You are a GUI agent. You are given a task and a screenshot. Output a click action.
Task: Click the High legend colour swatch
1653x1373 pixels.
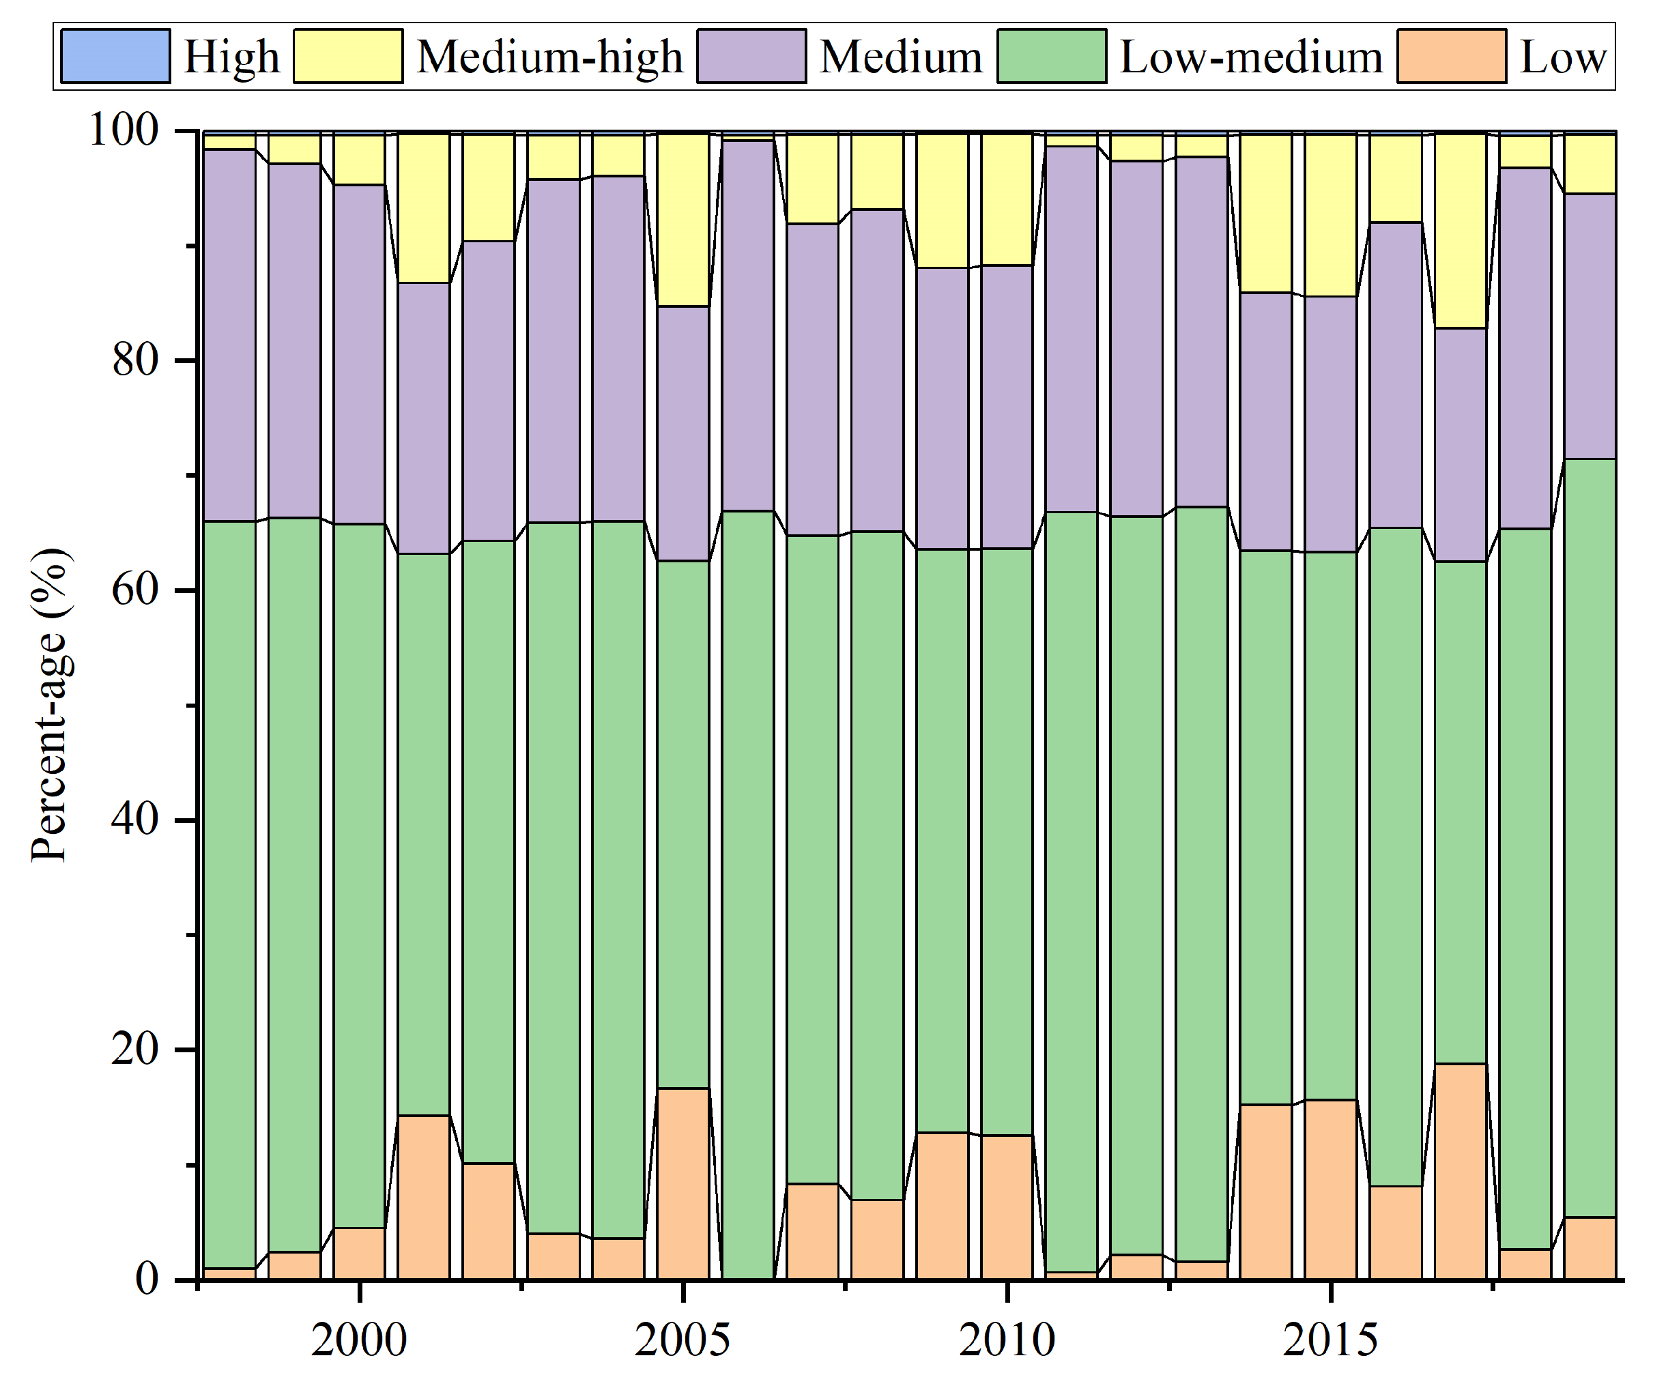115,56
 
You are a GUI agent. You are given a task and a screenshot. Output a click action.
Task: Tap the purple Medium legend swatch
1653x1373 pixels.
751,56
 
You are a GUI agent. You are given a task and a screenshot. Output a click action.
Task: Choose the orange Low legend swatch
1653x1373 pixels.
1452,56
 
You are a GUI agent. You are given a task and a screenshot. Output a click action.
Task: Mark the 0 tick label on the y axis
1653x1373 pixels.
147,1279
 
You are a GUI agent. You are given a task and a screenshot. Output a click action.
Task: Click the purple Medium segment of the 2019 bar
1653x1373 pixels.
1590,326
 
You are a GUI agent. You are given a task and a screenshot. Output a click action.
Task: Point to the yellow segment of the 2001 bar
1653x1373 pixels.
423,207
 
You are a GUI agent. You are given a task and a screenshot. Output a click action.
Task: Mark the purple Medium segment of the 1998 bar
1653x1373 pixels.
230,335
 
